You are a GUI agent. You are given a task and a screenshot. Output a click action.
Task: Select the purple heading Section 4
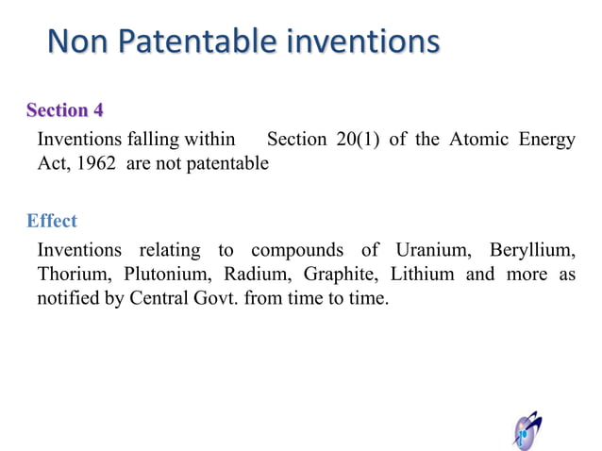click(x=65, y=110)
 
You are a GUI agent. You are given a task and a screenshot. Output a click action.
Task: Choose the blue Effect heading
click(x=52, y=221)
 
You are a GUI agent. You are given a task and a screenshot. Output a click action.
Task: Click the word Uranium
click(x=429, y=250)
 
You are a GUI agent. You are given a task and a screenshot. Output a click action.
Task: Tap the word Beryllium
click(x=531, y=250)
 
